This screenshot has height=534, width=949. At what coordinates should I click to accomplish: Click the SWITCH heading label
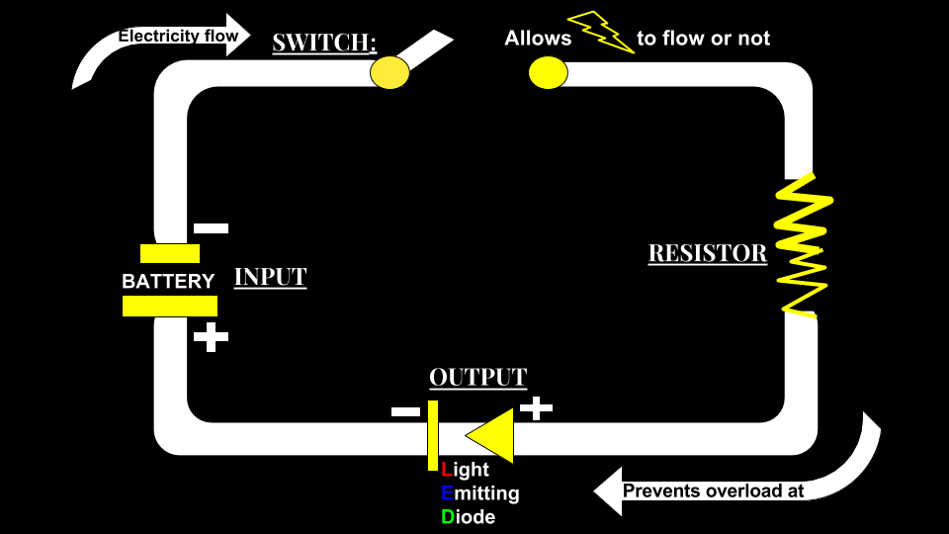click(324, 43)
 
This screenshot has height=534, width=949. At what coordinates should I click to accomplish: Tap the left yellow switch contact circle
click(389, 71)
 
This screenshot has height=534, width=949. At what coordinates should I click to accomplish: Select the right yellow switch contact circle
click(548, 72)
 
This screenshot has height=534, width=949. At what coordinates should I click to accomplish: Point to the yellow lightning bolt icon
click(601, 33)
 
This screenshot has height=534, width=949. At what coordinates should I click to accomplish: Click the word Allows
click(538, 39)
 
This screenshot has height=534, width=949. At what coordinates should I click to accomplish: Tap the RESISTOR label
click(707, 253)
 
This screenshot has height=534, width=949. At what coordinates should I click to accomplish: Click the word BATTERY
click(168, 281)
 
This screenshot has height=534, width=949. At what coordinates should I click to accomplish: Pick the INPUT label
click(270, 276)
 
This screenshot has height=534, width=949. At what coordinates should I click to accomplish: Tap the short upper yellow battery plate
click(169, 253)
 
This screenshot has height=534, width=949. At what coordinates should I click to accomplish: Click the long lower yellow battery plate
click(169, 307)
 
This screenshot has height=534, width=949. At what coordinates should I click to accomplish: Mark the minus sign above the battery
click(211, 228)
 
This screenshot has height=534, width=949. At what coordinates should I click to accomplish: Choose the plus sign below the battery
click(211, 336)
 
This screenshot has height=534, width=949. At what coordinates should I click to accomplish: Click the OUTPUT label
click(477, 377)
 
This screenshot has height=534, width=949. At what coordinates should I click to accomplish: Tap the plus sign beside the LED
click(536, 406)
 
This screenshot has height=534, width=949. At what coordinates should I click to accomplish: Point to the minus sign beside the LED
click(405, 411)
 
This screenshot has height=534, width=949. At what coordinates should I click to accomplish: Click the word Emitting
click(480, 492)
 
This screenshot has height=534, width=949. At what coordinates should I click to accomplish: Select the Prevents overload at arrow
click(712, 490)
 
